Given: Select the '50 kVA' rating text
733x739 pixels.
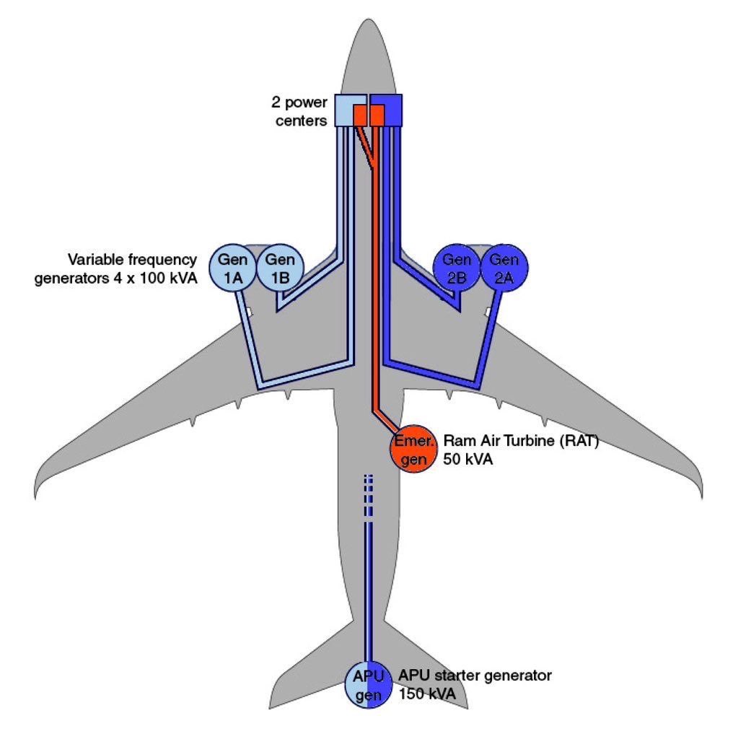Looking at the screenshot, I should [x=468, y=460].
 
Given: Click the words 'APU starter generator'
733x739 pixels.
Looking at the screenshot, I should [x=475, y=675].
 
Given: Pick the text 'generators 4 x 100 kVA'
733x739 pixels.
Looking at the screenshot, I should [x=115, y=278].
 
